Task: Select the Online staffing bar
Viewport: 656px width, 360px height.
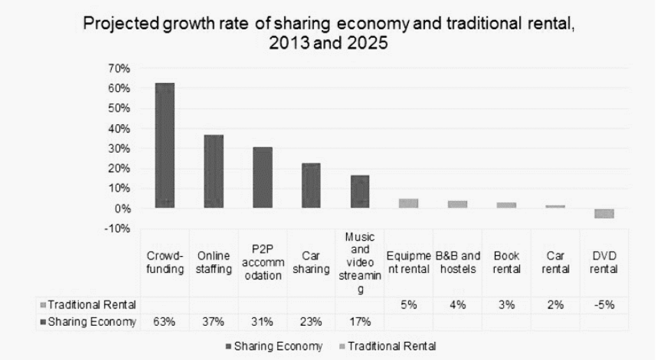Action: tap(214, 171)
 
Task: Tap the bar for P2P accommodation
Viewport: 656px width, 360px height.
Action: tap(262, 177)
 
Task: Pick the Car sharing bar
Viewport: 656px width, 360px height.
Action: tap(311, 185)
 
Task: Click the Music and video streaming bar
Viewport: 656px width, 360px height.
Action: tap(360, 191)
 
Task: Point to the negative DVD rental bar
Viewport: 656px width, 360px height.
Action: tap(604, 213)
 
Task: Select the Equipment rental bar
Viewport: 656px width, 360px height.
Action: tap(409, 203)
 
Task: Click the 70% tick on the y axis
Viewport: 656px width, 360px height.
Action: tap(121, 68)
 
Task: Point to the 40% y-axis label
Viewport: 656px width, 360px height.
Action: tap(121, 128)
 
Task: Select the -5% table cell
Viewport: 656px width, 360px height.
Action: tap(604, 305)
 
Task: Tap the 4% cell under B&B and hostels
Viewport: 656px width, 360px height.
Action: tap(458, 305)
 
